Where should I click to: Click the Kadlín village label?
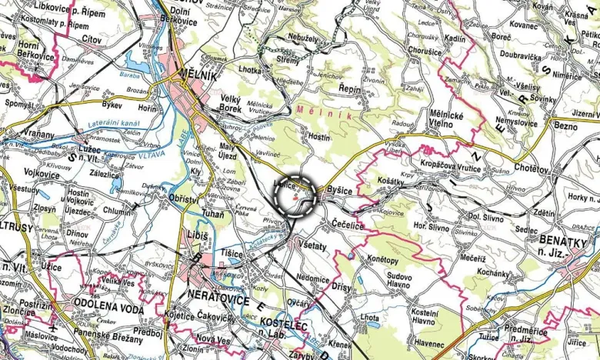pyautogui.click(x=455, y=38)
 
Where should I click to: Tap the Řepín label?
pyautogui.click(x=354, y=89)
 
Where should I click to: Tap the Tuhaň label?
pyautogui.click(x=212, y=214)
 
